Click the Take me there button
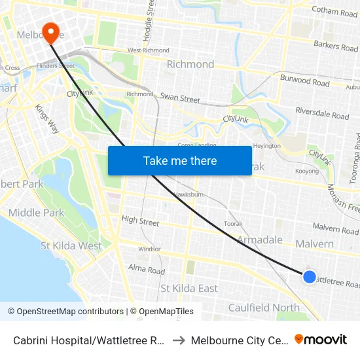tap(180, 160)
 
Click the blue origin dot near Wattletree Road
tap(310, 277)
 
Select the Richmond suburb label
tap(190, 64)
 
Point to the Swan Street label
tap(180, 99)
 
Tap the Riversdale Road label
tap(322, 113)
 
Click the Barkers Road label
tap(336, 46)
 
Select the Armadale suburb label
tap(260, 240)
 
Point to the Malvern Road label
tap(335, 229)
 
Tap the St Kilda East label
tap(189, 289)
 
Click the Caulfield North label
tap(264, 308)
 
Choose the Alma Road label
tap(147, 269)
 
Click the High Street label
tap(140, 221)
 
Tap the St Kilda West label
tap(71, 246)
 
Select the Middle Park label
tap(37, 213)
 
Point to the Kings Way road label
tap(47, 118)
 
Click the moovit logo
tap(321, 339)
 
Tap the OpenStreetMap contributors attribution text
tap(65, 312)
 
